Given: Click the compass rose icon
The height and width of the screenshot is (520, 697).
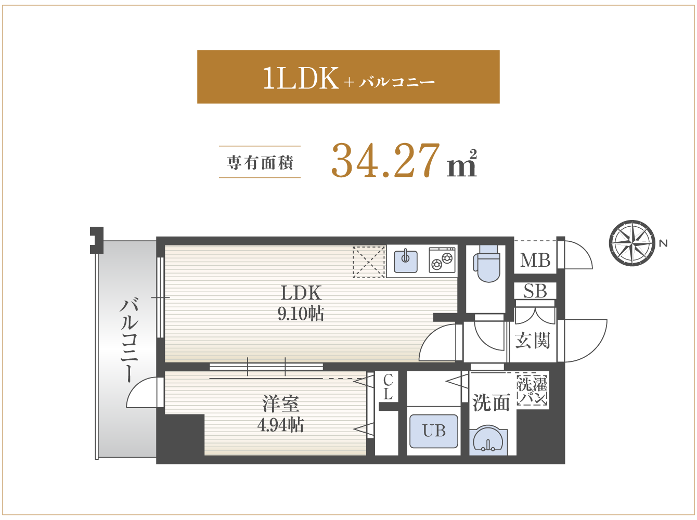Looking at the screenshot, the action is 632,243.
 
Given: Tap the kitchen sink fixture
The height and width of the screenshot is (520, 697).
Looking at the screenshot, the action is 406,261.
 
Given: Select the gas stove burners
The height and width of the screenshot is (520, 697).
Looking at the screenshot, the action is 442,260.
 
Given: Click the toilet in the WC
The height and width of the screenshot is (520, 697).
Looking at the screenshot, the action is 486,263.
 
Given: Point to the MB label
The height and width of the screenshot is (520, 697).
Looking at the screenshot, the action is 535,261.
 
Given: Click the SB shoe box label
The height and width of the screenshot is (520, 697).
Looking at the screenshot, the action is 535,291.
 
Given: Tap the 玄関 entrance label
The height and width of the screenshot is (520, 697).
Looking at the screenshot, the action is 532,340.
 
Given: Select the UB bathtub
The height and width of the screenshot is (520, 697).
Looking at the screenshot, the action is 434,431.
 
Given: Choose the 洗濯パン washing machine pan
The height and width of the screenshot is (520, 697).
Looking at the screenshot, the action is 532,391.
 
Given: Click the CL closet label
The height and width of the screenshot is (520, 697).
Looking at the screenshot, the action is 388,387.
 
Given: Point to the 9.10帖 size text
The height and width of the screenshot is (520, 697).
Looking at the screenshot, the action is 301,314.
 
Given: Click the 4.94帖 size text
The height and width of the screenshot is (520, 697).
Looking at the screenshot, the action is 280,425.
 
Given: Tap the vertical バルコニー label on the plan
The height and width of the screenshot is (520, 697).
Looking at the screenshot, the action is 129,340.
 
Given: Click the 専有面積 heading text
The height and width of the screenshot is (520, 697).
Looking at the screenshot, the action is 260,162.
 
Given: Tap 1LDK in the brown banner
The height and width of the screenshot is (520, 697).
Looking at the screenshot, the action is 301,77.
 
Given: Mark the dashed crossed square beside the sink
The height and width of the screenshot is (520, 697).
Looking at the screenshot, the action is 369,262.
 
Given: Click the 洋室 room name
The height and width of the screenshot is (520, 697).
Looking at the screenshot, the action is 280,404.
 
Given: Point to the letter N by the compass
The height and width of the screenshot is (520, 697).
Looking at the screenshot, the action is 663,243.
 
